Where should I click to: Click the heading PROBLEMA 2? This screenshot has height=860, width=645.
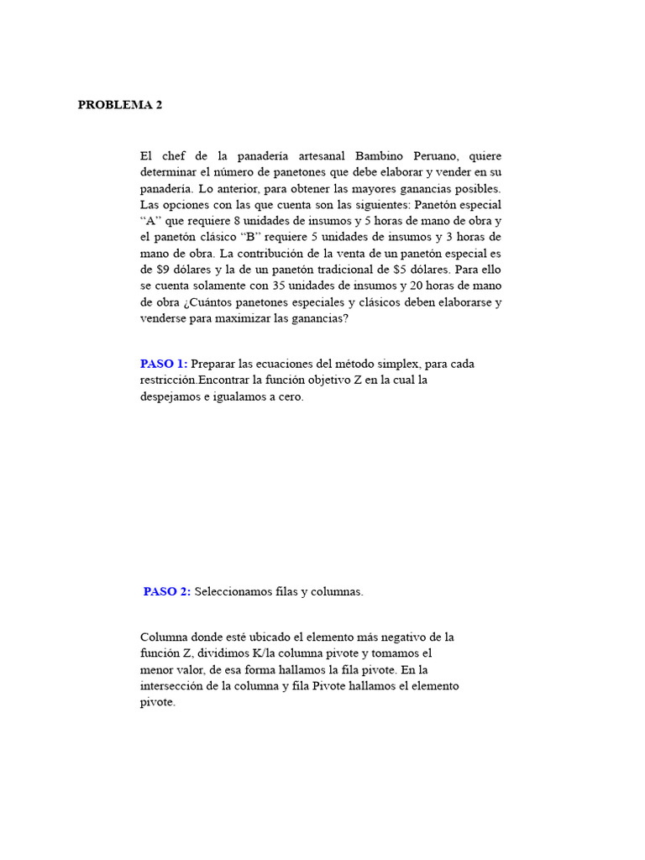tap(120, 105)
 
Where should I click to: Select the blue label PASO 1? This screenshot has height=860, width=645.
tap(164, 364)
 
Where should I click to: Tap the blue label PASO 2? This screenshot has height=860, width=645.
tap(167, 591)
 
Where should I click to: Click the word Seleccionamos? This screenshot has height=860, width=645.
tap(234, 591)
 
